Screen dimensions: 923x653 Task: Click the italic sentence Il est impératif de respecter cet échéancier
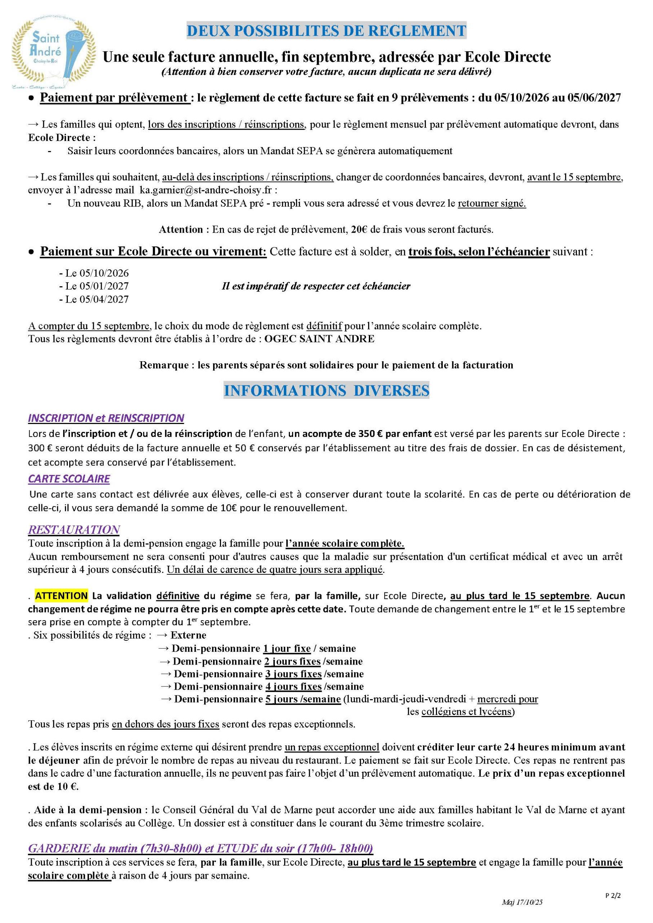pos(316,286)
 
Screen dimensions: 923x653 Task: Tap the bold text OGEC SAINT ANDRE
pos(319,339)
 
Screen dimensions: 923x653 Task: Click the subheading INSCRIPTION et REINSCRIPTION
pos(106,418)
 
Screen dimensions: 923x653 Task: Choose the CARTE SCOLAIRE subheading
pos(69,479)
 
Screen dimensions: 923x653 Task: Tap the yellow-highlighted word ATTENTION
pos(61,595)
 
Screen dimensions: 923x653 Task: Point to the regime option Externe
pos(188,635)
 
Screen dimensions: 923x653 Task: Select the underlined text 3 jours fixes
pos(293,674)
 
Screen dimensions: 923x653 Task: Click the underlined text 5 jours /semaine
pos(303,699)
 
